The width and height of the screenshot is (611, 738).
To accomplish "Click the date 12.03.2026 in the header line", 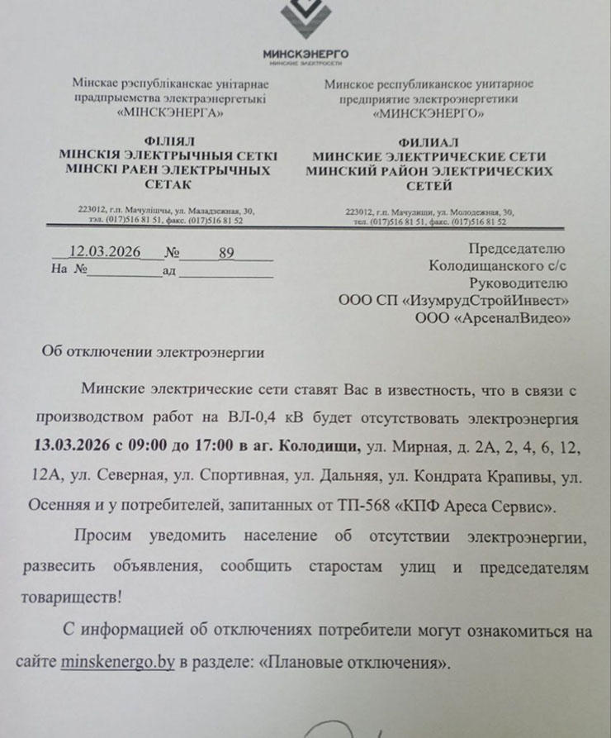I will (105, 253).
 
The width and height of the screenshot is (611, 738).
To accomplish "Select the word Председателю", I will (516, 249).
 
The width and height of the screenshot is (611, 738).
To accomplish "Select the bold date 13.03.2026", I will (72, 447).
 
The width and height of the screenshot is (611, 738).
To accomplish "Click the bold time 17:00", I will (211, 447).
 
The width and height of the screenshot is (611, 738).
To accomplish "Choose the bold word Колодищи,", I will (321, 447).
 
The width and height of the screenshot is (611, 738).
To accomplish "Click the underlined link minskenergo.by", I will (117, 663).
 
